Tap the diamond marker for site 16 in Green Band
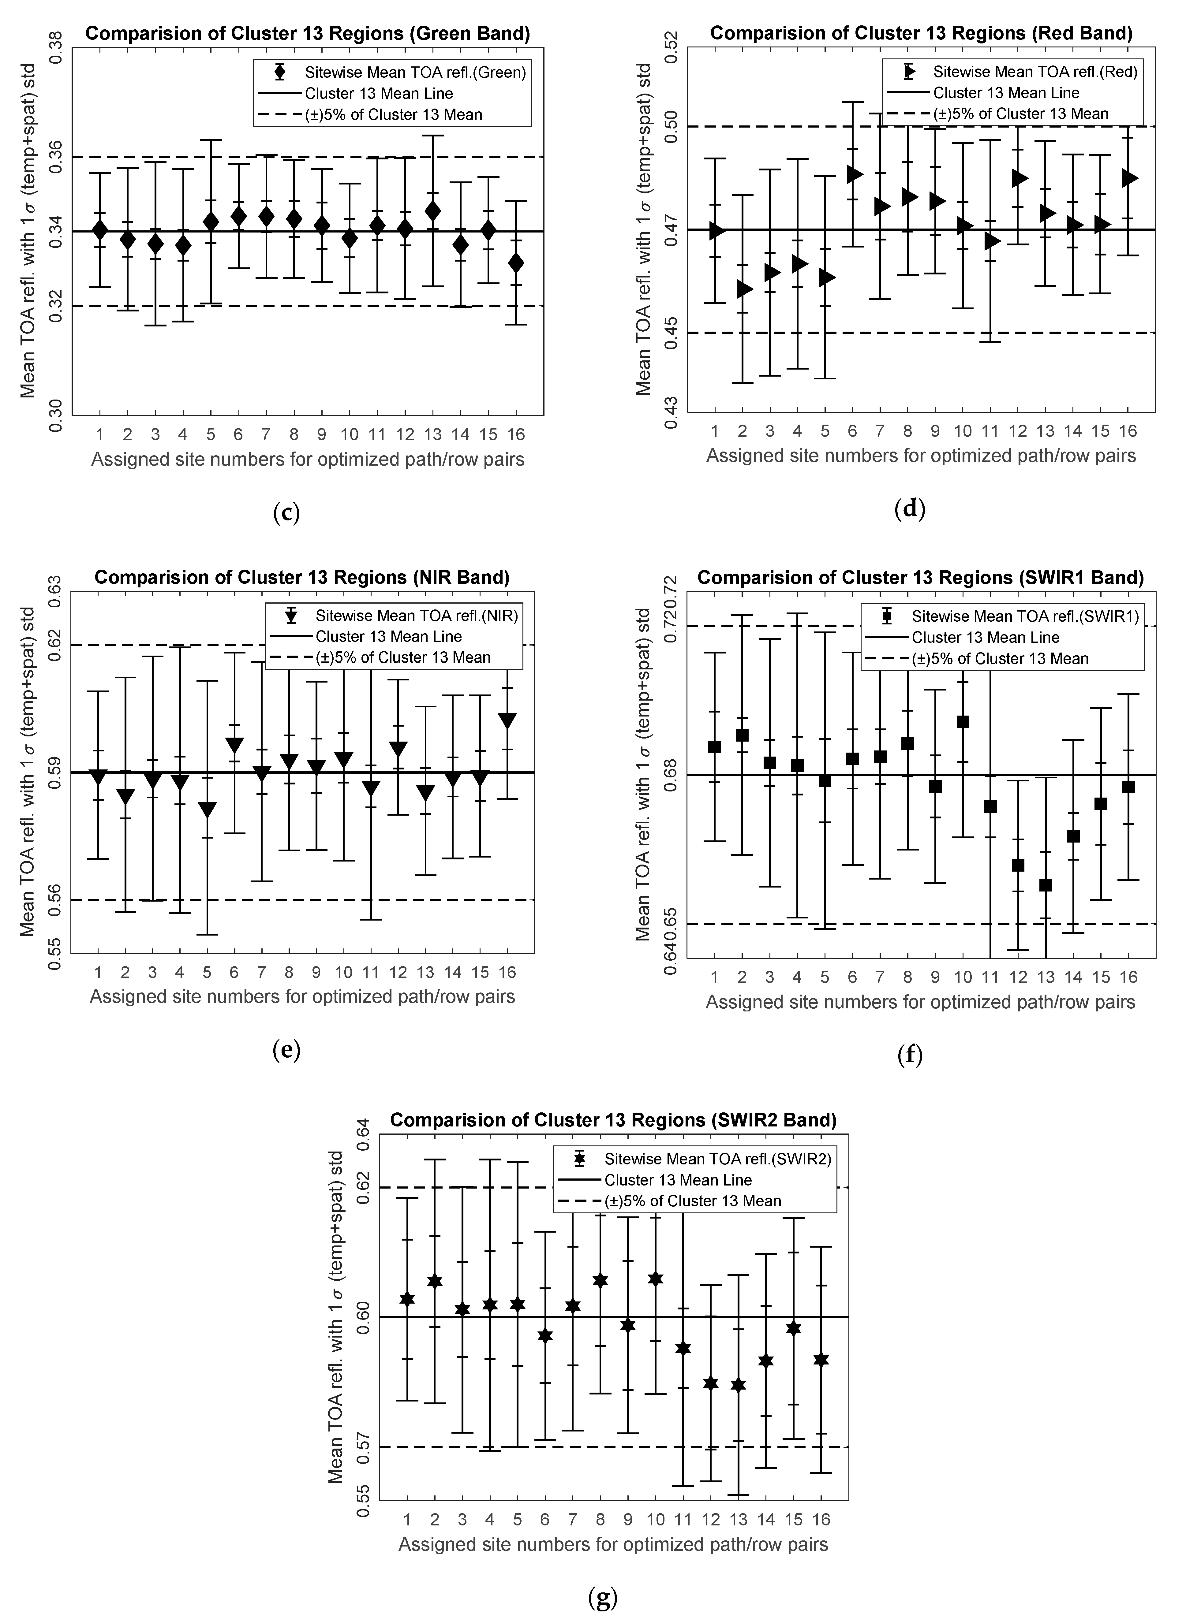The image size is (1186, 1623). click(x=515, y=263)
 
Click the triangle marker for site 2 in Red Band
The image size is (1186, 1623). click(x=744, y=289)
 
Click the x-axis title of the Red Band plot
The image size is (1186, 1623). click(x=921, y=456)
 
